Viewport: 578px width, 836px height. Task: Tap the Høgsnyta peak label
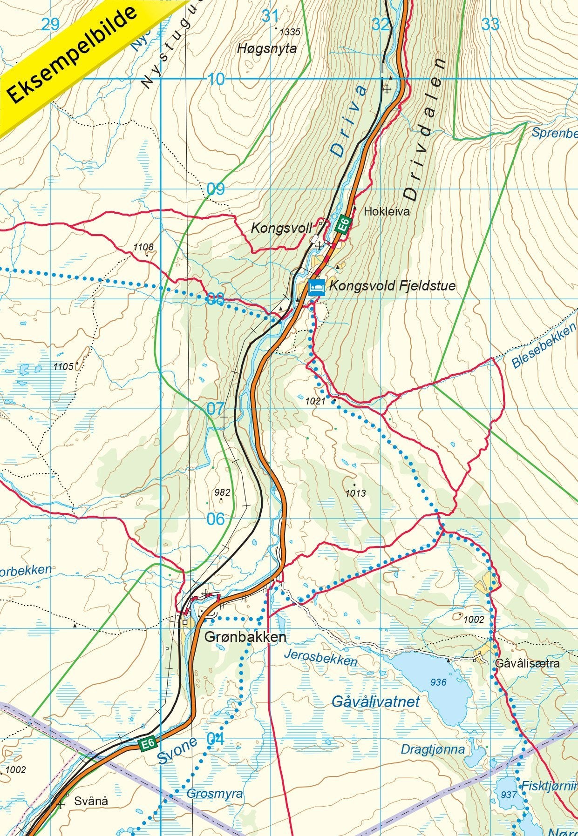(267, 48)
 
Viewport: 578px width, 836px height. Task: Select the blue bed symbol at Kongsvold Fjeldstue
(317, 287)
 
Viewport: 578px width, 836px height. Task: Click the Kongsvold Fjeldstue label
(392, 285)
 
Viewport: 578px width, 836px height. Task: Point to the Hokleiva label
(387, 211)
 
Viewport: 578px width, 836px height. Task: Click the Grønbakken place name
(245, 637)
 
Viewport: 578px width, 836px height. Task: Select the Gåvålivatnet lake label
(376, 701)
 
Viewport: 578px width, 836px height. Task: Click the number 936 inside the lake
(438, 682)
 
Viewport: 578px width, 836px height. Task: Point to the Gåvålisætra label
(527, 663)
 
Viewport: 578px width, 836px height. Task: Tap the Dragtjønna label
(433, 749)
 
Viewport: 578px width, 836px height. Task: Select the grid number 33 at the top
(490, 24)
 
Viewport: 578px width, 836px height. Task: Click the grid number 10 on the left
(216, 80)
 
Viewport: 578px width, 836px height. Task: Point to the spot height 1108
(143, 247)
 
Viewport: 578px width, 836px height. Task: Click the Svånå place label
(91, 801)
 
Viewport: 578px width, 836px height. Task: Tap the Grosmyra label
(215, 794)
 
